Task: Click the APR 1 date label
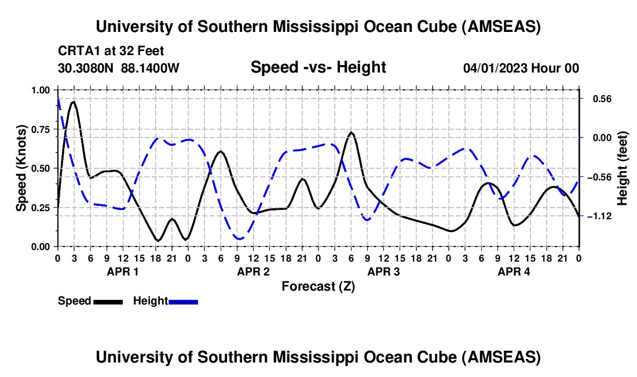point(122,271)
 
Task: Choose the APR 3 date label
point(384,271)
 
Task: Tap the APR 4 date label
point(514,271)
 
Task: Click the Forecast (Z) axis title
point(318,286)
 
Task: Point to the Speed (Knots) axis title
point(21,168)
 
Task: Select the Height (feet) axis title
point(623,168)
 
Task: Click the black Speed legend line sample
point(108,301)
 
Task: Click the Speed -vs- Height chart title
point(318,67)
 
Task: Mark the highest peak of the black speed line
point(73,102)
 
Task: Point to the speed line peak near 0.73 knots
point(351,133)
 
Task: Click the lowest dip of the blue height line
point(239,238)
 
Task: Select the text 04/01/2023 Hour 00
point(521,68)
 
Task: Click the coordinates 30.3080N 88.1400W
point(119,68)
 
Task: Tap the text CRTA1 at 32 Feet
point(111,50)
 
